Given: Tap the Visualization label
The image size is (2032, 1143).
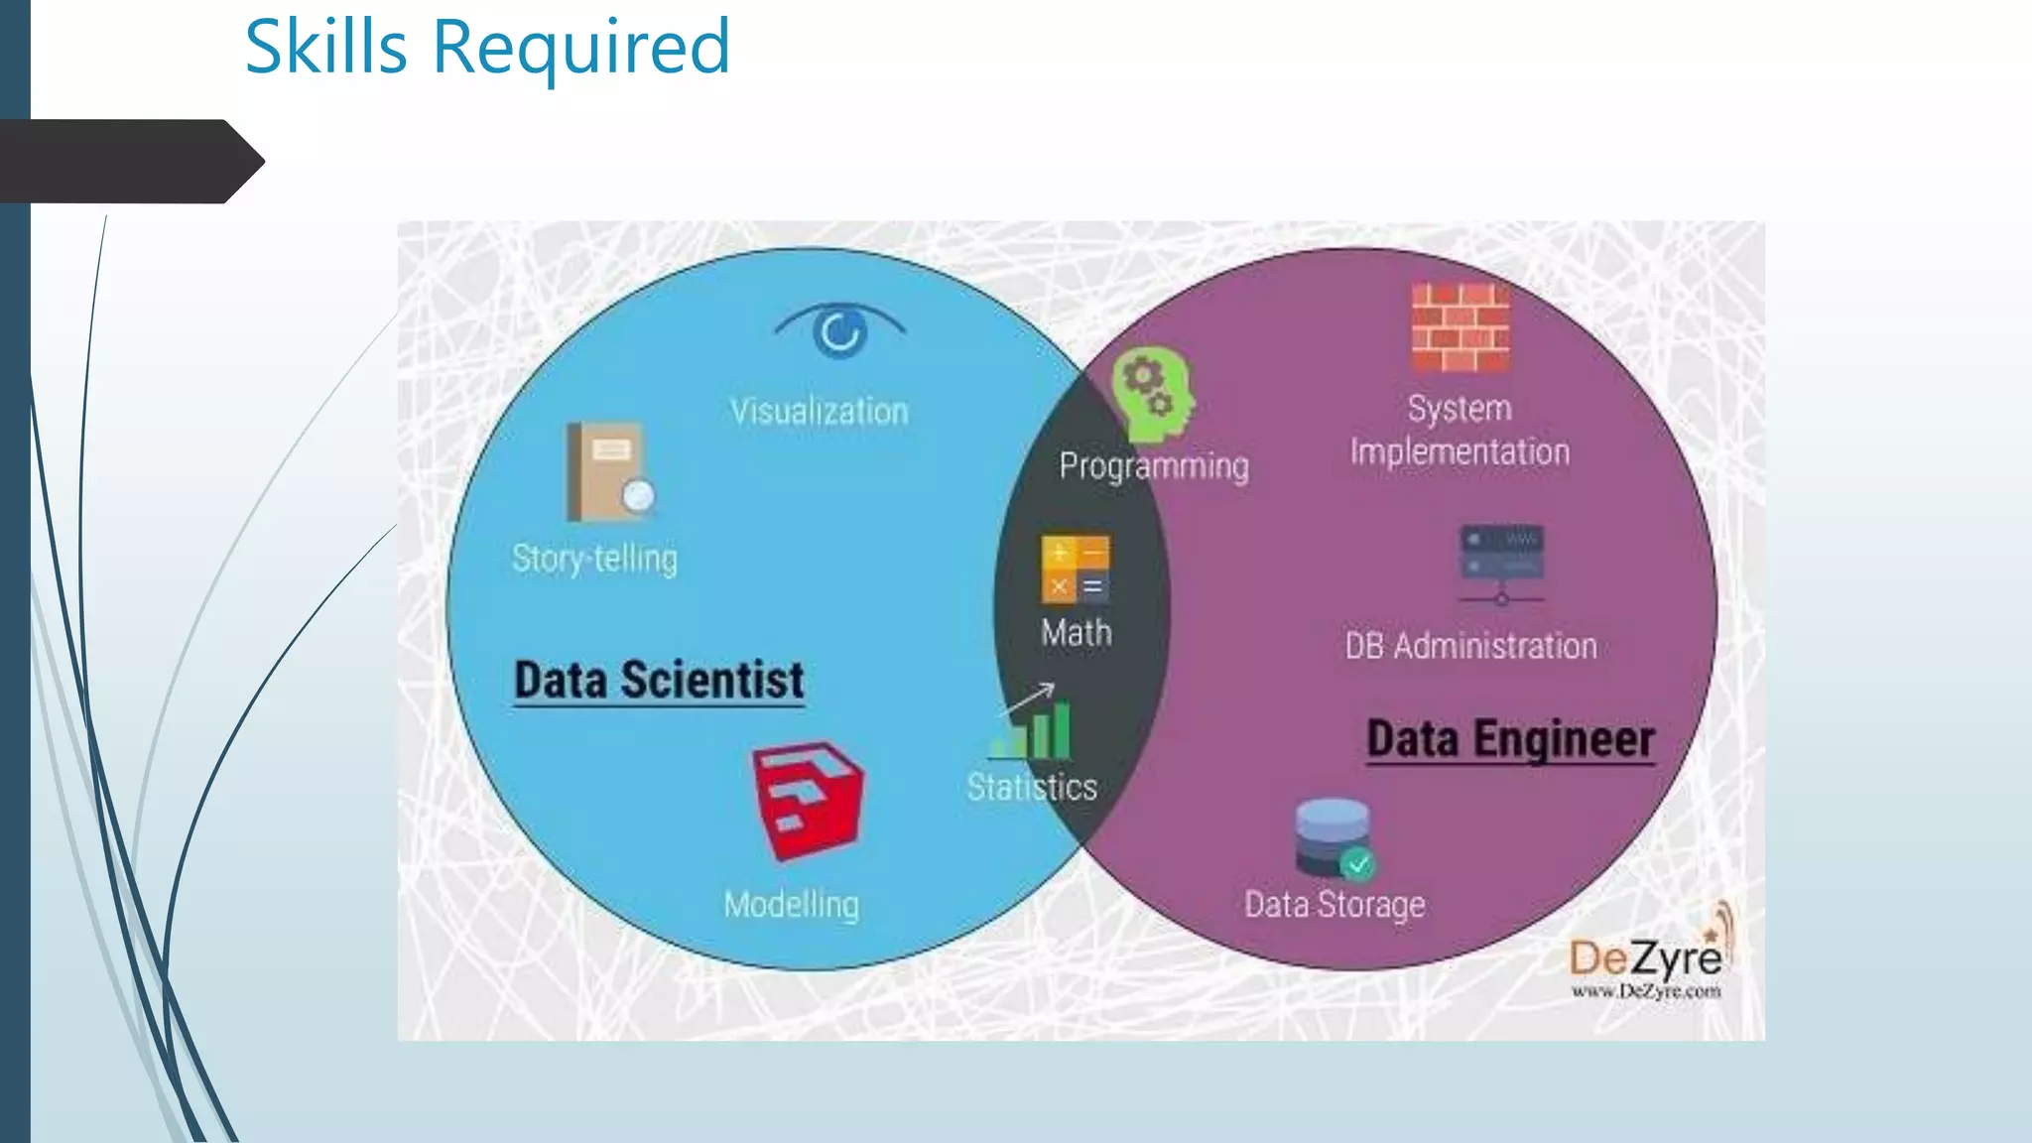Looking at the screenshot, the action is (820, 412).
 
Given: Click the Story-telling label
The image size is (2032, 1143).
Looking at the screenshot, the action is (594, 559).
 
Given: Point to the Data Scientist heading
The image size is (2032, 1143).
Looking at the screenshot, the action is (659, 681).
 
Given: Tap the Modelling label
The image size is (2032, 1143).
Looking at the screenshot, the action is (792, 905).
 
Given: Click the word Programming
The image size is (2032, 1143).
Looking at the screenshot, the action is (1154, 466).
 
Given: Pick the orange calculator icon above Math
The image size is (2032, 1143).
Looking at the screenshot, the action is (1076, 570).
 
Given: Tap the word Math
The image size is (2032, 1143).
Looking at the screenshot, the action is (1077, 633).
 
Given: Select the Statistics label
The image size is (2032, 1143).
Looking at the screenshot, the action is (1032, 788).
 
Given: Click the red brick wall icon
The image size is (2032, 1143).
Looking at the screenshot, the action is (1460, 327).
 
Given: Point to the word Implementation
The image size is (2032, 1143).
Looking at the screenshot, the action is (1460, 452).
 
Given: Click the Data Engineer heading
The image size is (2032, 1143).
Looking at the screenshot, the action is (1510, 740).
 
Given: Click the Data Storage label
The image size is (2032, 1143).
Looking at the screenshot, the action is (1334, 905).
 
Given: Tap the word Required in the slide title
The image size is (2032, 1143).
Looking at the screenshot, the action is (581, 48).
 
